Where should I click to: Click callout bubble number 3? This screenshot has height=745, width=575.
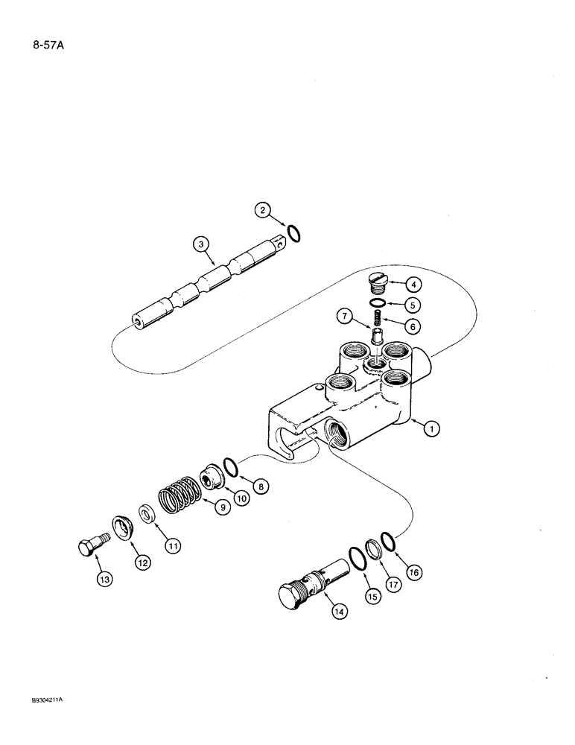(200, 243)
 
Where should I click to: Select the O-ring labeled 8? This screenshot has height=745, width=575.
(232, 468)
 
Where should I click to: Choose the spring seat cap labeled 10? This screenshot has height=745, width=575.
(213, 477)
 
